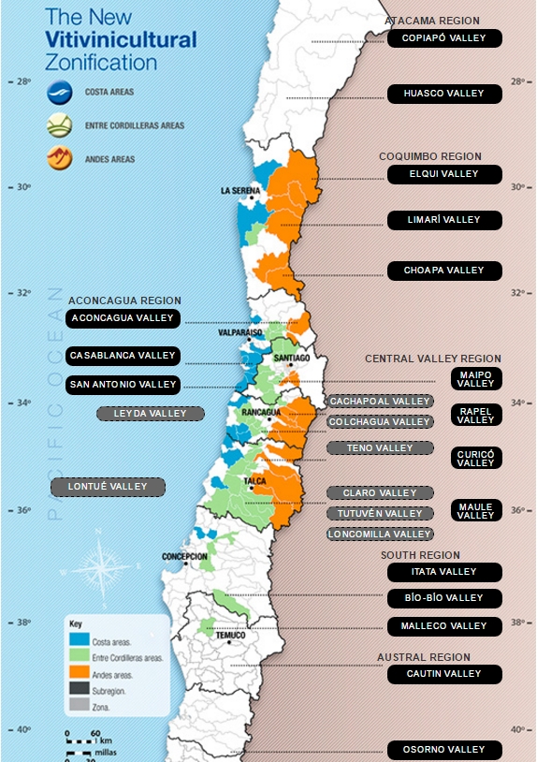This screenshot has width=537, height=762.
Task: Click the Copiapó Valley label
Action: tap(444, 38)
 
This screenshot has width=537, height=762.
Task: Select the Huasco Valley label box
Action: tap(444, 94)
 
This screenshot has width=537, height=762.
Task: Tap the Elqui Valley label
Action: tap(444, 174)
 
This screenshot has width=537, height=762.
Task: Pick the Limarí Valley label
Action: tap(444, 220)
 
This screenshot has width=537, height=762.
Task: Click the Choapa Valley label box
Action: tap(444, 271)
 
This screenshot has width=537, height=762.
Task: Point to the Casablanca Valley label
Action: tap(123, 356)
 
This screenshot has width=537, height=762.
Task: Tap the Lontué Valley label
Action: tap(108, 487)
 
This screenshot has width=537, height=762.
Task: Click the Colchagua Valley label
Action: tap(380, 422)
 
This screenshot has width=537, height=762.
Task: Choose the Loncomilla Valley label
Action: tap(380, 535)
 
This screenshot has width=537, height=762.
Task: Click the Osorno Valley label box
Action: tap(444, 750)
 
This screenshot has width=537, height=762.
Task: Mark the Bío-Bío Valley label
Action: tap(444, 598)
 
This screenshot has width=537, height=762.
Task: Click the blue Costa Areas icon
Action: tap(60, 93)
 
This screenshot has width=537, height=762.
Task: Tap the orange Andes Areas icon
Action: tap(60, 159)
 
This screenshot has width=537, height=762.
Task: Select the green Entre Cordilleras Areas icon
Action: tap(60, 125)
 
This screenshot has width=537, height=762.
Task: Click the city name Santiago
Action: tap(292, 358)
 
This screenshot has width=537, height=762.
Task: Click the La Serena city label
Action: tap(240, 191)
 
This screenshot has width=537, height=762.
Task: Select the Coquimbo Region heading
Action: tap(430, 156)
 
